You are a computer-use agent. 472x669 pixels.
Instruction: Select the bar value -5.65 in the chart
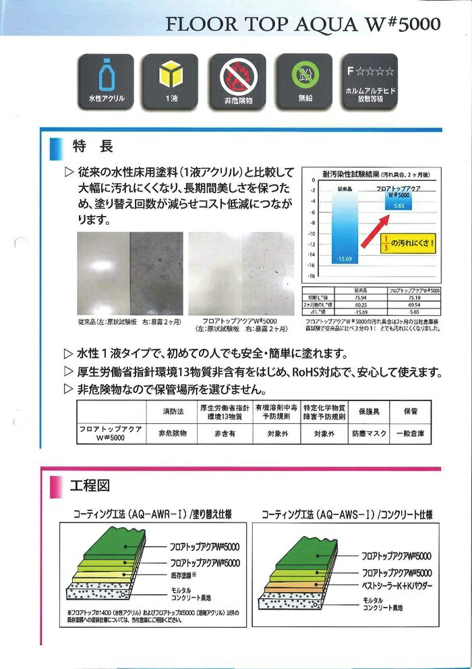click(398, 207)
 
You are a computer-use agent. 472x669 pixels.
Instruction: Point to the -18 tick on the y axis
click(312, 276)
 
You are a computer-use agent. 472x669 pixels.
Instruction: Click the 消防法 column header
click(172, 410)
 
